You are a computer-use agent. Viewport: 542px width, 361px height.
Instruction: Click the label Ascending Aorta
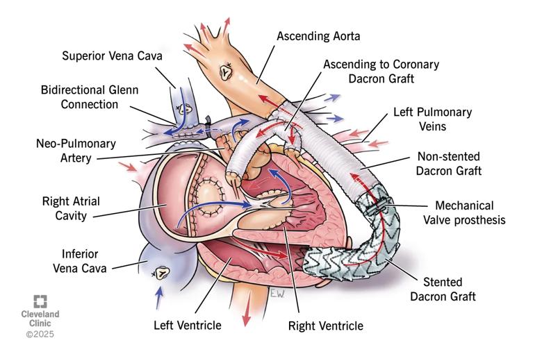pos(318,35)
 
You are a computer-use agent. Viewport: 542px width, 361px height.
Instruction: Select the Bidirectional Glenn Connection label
pos(90,97)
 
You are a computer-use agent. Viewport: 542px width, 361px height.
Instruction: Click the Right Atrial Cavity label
pos(71,208)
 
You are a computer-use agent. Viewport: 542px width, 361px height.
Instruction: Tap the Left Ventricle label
pos(187,324)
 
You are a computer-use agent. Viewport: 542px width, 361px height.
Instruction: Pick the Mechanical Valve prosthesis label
pos(463,213)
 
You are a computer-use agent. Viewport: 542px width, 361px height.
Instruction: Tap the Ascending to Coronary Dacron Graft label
pos(381,72)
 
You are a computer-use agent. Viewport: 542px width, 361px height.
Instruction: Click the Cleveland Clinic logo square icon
pos(41,301)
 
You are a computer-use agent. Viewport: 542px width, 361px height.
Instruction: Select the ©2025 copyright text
pos(40,335)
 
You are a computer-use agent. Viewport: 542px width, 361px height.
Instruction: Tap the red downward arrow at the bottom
pos(246,316)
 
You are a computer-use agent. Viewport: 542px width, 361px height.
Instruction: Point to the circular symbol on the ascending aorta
pos(226,71)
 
